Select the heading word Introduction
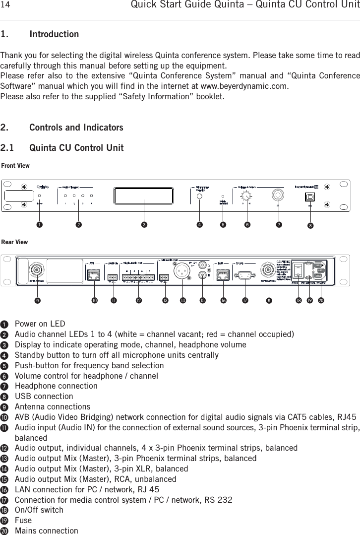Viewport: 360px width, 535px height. (x=54, y=34)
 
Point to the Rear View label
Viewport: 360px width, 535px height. (x=15, y=242)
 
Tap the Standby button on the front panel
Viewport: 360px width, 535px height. (x=200, y=196)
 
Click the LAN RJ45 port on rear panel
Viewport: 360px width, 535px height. (x=222, y=273)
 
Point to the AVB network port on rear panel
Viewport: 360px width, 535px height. (x=93, y=273)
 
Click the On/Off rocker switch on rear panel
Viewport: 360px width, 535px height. (x=299, y=271)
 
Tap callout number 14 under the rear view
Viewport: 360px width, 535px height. (x=183, y=300)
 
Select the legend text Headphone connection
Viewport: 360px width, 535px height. (x=56, y=386)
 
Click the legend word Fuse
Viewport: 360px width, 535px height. (x=23, y=520)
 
